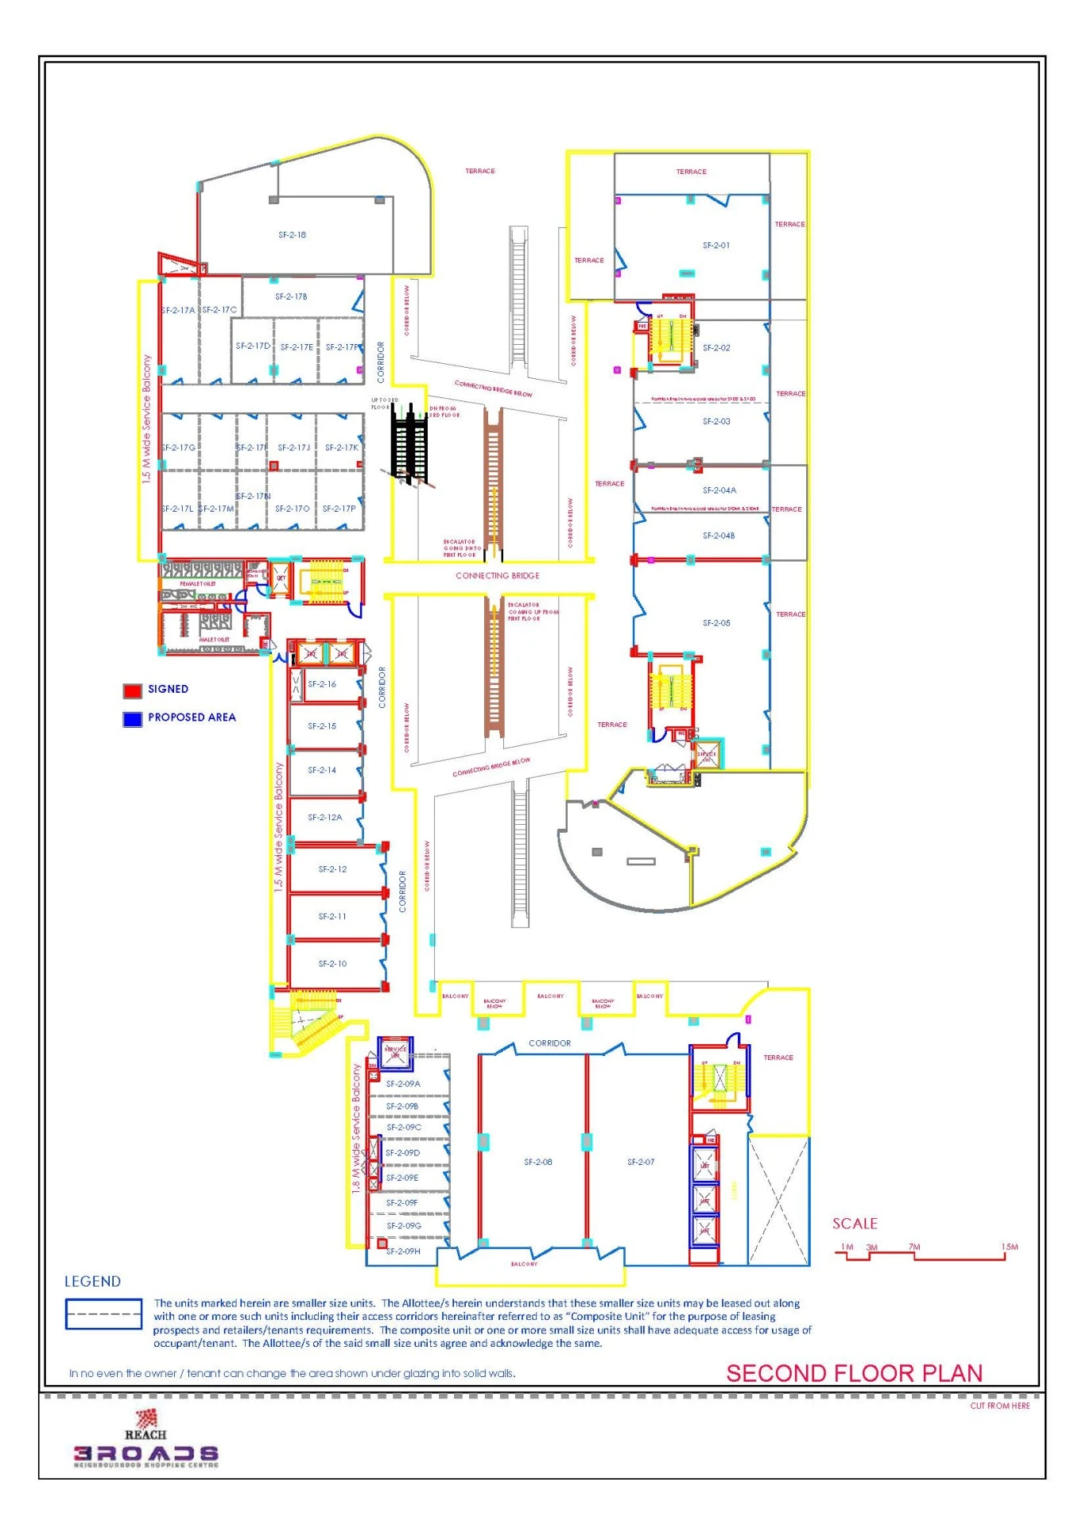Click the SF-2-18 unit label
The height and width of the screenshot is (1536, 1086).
(292, 235)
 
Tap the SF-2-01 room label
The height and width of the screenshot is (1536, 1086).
(716, 246)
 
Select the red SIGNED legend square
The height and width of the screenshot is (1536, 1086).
(132, 690)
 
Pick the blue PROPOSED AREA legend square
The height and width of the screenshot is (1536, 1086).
(132, 718)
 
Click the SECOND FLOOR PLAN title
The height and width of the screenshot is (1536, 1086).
(854, 1373)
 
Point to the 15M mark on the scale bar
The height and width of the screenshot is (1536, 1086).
(1009, 1247)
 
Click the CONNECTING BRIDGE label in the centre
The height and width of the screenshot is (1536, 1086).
(497, 575)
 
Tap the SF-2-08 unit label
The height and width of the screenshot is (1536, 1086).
(537, 1162)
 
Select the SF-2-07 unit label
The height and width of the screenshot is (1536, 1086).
(640, 1162)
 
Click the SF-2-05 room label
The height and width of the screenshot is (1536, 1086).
(716, 623)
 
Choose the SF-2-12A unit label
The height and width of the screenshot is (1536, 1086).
(324, 817)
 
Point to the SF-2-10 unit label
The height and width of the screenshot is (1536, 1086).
(332, 963)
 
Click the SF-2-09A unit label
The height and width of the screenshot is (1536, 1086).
(403, 1084)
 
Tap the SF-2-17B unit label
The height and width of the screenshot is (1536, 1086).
(291, 296)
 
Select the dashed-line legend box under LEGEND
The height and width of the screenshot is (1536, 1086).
(103, 1314)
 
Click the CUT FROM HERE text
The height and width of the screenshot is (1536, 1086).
(999, 1406)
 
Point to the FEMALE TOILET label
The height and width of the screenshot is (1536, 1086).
(197, 583)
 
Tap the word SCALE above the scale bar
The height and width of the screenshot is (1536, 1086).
(855, 1224)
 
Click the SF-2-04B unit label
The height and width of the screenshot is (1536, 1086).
(718, 536)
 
